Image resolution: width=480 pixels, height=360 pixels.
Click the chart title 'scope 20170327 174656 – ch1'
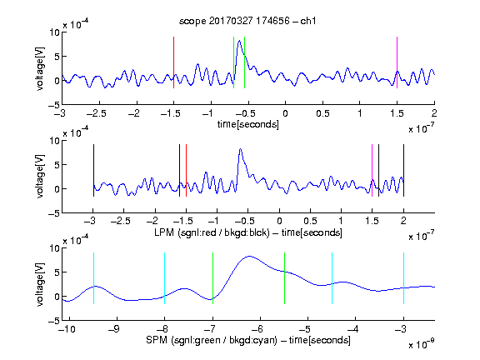247,21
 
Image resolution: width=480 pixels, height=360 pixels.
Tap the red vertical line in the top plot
173,62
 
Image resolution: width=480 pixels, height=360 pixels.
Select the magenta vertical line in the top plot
397,62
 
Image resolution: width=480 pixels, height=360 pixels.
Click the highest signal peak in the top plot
239,41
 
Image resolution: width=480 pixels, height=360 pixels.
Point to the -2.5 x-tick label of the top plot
97,113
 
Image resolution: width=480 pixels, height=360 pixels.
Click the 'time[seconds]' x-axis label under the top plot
248,124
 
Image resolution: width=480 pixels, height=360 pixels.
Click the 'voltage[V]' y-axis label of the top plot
40,68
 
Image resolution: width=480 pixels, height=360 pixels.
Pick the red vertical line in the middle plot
186,171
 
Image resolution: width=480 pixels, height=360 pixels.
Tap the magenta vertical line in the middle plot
372,171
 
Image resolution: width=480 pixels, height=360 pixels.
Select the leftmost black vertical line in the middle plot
93,171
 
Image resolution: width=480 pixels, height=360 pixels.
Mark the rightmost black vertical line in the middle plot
403,171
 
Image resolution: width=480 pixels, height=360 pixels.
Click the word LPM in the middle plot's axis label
164,232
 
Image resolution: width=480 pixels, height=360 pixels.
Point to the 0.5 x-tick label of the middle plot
310,221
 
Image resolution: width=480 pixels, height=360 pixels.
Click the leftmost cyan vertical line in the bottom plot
93,278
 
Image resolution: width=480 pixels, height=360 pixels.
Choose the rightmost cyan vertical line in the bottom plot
403,278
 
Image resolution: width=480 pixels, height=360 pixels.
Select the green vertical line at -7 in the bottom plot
212,278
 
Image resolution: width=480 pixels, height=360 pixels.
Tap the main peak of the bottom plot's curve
250,256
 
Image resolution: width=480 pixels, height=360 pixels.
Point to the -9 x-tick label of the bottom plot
114,329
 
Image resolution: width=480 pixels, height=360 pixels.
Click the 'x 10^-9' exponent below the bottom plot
422,343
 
